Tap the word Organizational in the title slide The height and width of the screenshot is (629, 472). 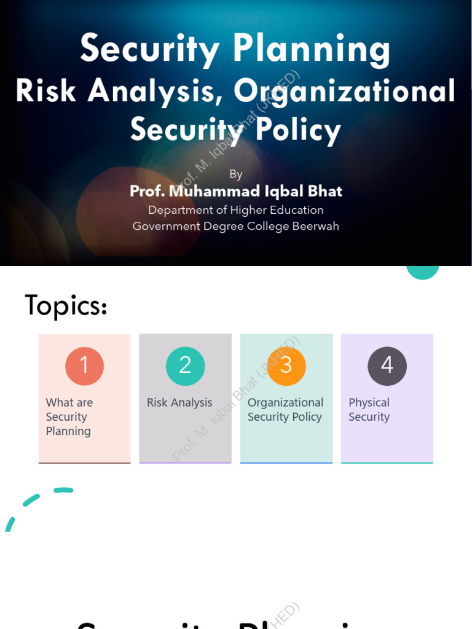[345, 91]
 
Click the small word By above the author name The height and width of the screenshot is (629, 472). [236, 174]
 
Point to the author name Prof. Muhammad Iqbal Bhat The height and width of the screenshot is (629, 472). [236, 192]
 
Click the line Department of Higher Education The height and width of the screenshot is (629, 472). [236, 210]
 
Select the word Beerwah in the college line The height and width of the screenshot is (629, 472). [316, 226]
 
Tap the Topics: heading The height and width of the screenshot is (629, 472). [66, 305]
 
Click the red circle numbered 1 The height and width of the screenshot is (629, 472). [85, 366]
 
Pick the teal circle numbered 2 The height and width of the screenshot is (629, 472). [185, 366]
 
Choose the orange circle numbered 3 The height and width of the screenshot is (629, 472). [286, 366]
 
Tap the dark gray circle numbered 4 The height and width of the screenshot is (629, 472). [387, 366]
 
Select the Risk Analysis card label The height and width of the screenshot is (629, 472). [179, 403]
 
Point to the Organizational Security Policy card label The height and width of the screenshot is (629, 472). [285, 410]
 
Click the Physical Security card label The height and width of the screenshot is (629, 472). [369, 410]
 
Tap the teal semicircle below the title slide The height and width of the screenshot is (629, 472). [423, 272]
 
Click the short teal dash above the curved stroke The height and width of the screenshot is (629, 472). [63, 490]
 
